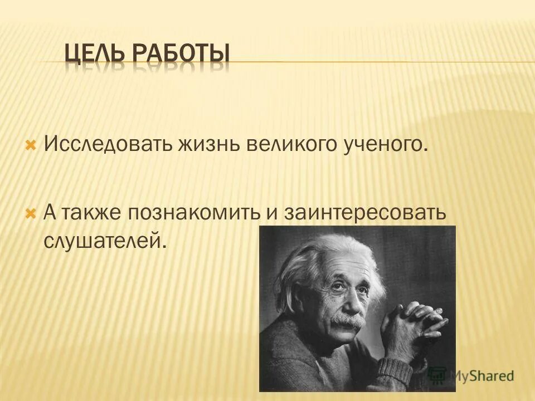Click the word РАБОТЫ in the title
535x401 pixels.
181,55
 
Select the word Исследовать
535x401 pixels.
109,145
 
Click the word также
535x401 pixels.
92,213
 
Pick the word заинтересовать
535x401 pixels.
366,213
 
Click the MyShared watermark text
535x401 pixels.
483,376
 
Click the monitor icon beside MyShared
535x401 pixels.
439,375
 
